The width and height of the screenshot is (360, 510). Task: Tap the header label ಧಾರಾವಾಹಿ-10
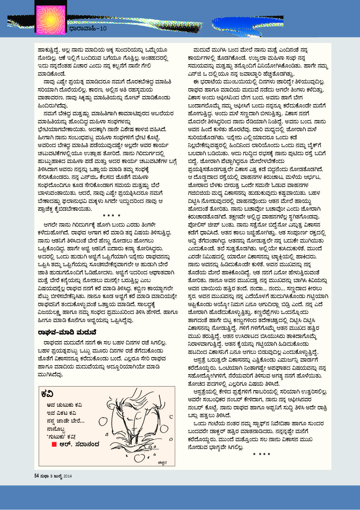(88, 29)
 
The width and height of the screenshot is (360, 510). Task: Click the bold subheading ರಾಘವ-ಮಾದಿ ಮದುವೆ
(67, 332)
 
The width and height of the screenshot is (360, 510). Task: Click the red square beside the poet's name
(54, 444)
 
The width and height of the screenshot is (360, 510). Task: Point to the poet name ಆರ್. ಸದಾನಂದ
(79, 444)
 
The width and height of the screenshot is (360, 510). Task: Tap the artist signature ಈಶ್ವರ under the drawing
(162, 463)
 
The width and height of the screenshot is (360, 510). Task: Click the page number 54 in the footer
(37, 476)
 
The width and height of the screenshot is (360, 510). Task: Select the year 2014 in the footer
(68, 476)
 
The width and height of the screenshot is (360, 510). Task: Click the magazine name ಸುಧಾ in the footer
(44, 476)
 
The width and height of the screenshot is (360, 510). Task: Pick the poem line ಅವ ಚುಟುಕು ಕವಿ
(64, 405)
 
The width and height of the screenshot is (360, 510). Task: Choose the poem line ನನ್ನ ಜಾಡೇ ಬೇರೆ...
(66, 421)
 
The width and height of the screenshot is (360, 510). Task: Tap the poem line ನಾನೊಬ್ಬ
(56, 429)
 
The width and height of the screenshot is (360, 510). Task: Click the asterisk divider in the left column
(111, 216)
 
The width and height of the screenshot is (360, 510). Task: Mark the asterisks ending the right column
(261, 454)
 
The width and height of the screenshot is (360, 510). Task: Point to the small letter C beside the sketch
(171, 417)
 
